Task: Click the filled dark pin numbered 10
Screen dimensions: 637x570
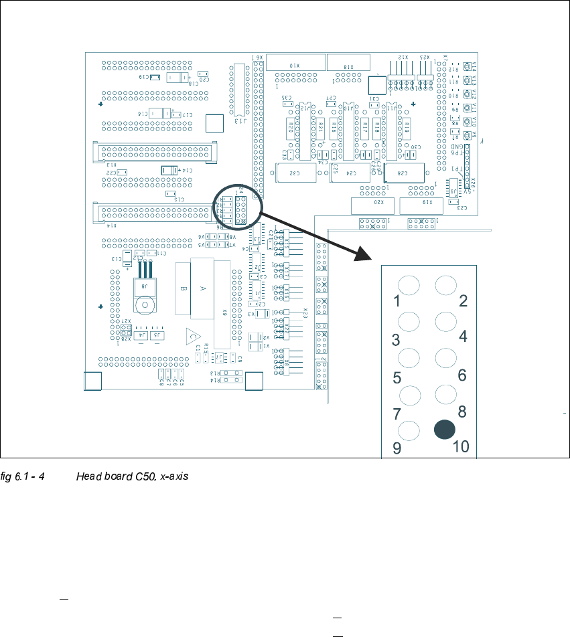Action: [x=443, y=430]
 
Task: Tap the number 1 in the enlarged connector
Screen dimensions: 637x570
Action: [x=397, y=301]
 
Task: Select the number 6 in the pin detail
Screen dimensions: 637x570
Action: [x=461, y=375]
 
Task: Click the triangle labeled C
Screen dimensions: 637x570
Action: [x=192, y=336]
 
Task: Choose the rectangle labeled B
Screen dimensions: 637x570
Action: [x=183, y=289]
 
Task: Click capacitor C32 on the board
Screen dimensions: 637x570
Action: [x=295, y=172]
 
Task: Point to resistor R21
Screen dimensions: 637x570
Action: [x=321, y=126]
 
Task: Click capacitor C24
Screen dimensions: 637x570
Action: [x=350, y=172]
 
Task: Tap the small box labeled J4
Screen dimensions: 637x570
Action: [x=141, y=335]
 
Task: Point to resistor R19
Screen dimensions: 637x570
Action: [x=407, y=126]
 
